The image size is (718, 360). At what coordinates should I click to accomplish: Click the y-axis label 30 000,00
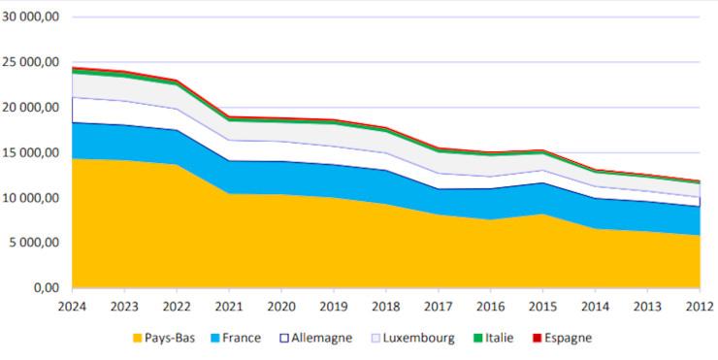pyautogui.click(x=32, y=16)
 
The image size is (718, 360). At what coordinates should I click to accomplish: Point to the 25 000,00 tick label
pyautogui.click(x=32, y=62)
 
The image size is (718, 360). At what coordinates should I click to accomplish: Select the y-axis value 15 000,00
pyautogui.click(x=32, y=152)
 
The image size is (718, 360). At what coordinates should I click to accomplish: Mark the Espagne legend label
pyautogui.click(x=566, y=338)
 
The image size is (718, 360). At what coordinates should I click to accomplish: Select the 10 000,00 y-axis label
pyautogui.click(x=32, y=198)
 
